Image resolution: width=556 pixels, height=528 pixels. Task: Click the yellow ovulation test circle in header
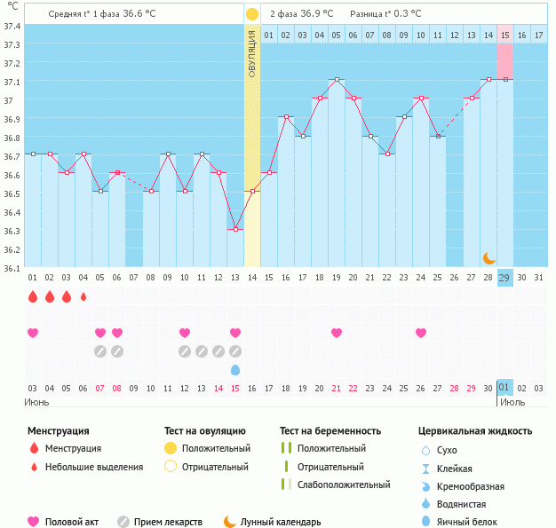point(252,14)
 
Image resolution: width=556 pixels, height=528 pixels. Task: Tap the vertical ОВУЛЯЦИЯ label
point(252,52)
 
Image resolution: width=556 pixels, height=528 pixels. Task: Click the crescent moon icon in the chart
point(489,257)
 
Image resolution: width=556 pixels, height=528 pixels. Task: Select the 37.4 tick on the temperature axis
point(12,26)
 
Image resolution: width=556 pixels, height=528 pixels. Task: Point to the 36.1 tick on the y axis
point(12,267)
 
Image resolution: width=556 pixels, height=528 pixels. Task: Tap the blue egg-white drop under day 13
point(235,369)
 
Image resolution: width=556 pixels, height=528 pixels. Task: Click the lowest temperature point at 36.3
point(235,229)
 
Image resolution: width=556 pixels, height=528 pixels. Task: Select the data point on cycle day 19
point(337,80)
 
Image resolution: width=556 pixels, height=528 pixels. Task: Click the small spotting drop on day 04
point(83,297)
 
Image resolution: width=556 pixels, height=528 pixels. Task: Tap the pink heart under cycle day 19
point(337,333)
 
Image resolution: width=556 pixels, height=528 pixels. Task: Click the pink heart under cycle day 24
point(421,333)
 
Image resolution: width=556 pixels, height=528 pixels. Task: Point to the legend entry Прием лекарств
point(168,522)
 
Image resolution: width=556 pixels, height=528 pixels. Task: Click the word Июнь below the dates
point(37,402)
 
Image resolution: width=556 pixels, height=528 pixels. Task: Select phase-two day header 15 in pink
point(504,35)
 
